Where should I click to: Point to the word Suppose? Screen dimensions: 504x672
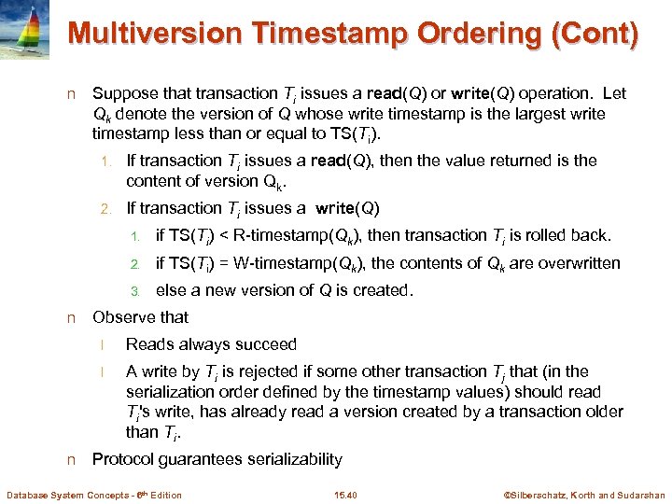point(125,93)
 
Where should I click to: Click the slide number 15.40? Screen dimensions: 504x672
point(345,495)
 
